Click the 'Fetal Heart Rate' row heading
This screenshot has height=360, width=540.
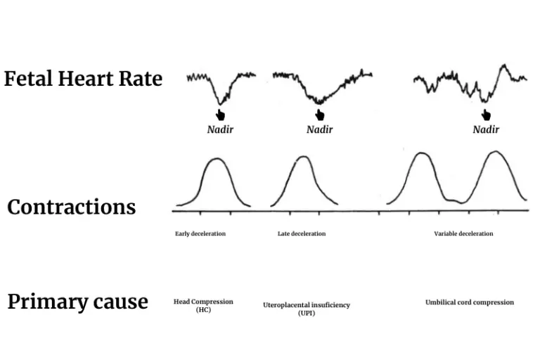point(83,79)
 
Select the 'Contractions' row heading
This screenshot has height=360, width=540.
point(71,207)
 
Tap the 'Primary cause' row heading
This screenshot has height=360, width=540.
point(77,302)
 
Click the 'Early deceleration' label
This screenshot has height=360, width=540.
point(200,233)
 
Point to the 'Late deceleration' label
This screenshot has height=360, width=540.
point(302,233)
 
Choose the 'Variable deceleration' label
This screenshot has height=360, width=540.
point(463,233)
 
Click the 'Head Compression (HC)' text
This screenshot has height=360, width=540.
point(203,305)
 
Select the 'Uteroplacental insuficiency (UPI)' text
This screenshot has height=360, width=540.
point(307,309)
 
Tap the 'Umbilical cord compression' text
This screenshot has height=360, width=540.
point(469,302)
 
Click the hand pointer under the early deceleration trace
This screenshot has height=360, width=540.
point(220,115)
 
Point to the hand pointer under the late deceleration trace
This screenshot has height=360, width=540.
point(320,115)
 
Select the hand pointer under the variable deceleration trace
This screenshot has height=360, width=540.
point(486,115)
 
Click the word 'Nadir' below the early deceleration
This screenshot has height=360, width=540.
point(220,129)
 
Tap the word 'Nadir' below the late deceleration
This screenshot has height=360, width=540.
point(320,129)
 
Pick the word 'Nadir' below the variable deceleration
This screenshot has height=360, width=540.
point(486,129)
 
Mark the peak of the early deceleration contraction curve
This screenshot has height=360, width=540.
point(217,159)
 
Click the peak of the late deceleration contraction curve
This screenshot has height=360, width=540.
point(303,157)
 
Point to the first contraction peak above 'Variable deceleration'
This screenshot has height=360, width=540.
point(420,153)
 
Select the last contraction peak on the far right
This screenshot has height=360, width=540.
point(496,152)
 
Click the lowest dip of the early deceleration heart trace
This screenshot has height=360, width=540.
point(220,103)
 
